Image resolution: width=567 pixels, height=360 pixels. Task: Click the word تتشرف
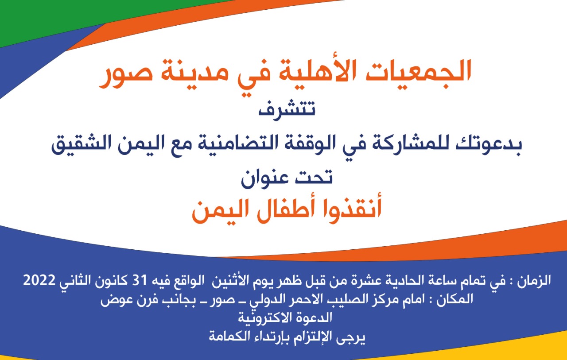pos(287,110)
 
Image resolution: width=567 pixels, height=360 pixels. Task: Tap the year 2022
pos(39,280)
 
